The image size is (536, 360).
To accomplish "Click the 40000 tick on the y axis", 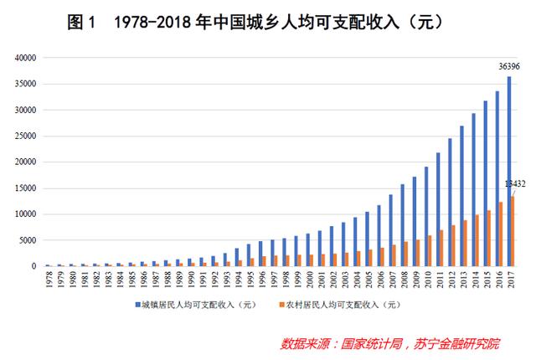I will (25, 58).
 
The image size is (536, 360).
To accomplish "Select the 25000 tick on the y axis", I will (25, 136).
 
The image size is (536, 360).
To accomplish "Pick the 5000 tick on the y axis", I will (28, 240).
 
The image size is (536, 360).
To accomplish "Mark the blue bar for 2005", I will (366, 239).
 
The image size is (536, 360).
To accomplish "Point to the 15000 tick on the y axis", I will (25, 188).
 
